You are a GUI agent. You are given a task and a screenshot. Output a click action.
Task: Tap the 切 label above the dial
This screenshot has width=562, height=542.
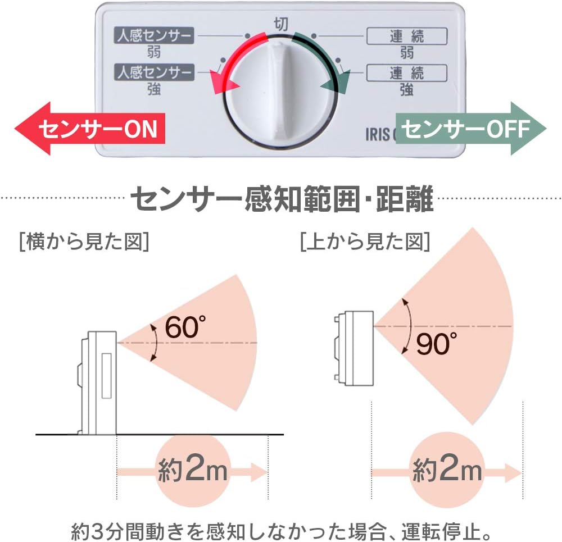click(x=280, y=24)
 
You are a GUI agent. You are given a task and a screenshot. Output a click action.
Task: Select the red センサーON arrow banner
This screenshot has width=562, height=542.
click(x=89, y=128)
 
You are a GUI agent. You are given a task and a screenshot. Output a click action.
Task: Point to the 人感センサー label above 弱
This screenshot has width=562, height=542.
click(x=154, y=35)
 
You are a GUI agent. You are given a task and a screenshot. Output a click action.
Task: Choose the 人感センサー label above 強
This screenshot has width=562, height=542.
click(x=154, y=72)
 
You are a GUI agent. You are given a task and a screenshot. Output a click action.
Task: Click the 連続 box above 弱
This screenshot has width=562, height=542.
click(x=407, y=36)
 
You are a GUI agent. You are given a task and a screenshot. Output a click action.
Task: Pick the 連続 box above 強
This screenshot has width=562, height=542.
click(x=407, y=73)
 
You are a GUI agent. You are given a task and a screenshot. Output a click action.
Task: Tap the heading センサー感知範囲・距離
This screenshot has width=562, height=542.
click(x=282, y=198)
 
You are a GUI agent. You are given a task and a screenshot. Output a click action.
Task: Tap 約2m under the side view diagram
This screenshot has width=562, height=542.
click(x=193, y=470)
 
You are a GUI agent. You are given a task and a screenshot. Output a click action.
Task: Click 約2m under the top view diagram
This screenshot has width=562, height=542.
click(x=447, y=470)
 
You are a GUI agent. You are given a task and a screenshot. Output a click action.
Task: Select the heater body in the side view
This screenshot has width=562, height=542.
click(x=97, y=382)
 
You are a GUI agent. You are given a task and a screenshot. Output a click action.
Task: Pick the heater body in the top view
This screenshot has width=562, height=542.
click(x=353, y=348)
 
